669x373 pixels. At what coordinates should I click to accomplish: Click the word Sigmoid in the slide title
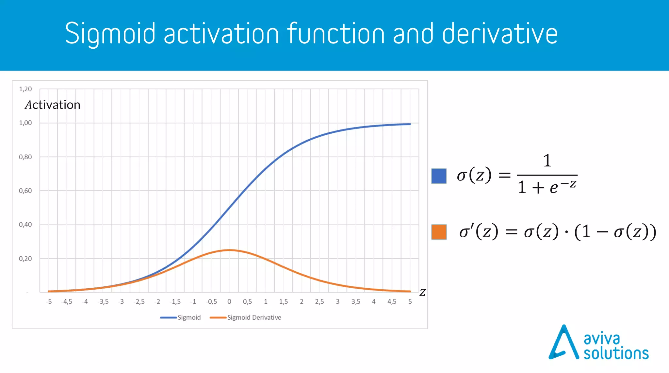[110, 34]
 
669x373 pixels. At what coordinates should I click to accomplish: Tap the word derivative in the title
[500, 34]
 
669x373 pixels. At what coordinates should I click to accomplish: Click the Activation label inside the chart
[53, 105]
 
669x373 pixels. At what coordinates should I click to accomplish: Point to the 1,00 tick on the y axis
[25, 123]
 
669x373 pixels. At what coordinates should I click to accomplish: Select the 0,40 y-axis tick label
[25, 225]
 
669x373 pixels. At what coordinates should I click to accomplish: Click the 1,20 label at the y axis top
[25, 89]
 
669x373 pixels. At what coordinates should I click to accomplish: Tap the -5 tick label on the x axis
[49, 301]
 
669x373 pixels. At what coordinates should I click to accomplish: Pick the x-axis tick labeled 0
[229, 301]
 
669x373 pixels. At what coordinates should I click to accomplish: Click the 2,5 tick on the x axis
[319, 301]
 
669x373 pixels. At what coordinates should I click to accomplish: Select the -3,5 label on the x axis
[103, 301]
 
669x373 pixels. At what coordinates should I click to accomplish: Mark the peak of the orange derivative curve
[229, 250]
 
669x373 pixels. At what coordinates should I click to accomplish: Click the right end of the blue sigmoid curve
[410, 124]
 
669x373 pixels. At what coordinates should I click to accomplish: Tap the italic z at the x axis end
[422, 292]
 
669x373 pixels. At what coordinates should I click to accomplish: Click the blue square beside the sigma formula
[439, 176]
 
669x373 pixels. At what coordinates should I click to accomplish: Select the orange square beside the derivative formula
[439, 232]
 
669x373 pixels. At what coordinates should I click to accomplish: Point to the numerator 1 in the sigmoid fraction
[547, 161]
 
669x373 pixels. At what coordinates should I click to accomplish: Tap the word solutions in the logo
[616, 353]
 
